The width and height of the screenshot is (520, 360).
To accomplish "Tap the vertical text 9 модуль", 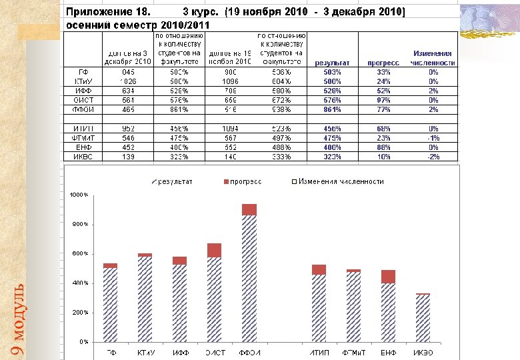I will pos(19,319).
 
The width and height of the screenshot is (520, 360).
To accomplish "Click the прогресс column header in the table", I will pos(383,63).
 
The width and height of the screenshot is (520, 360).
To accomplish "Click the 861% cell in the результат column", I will pos(333,109).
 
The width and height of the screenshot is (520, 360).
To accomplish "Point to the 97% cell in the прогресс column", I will pos(383,100).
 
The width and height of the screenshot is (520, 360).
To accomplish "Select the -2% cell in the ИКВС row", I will pos(433,157).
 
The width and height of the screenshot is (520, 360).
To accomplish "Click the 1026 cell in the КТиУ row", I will pos(129,81).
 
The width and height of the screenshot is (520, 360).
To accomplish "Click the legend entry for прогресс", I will pos(243,181).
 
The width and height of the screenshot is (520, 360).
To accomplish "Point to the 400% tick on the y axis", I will pos(80,283).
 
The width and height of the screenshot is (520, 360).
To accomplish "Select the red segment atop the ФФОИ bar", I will pos(249,209).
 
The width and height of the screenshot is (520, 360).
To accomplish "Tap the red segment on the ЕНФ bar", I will pos(389,277).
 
